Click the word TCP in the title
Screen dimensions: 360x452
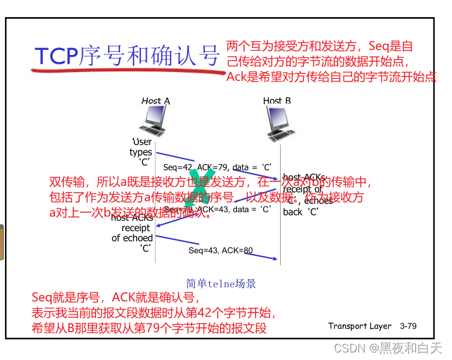coord(56,56)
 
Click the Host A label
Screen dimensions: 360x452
coord(156,101)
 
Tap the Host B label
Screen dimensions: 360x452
coord(277,101)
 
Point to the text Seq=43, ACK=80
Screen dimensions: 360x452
coord(221,251)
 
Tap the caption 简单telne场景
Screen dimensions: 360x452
coord(221,284)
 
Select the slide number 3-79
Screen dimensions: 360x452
coord(408,326)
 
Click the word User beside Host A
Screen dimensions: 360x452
coord(142,142)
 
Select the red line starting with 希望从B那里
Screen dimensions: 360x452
coord(149,328)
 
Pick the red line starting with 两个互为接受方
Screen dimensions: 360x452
coord(319,47)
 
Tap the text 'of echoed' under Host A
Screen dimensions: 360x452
coord(132,238)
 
